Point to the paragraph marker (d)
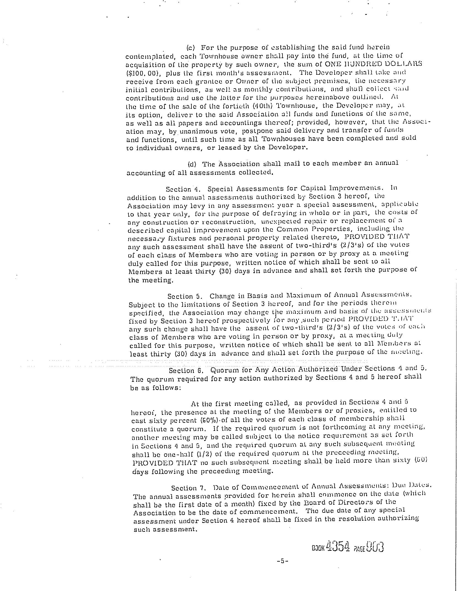pos(192,164)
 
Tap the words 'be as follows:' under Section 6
pos(156,388)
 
